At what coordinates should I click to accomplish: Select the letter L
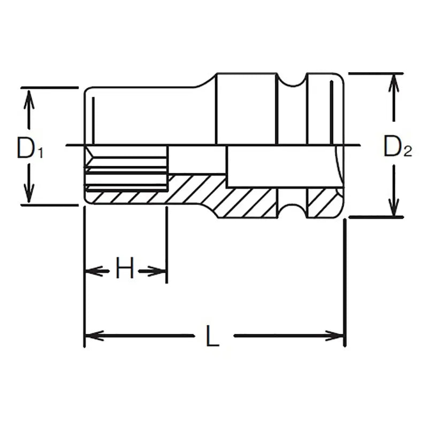pyautogui.click(x=213, y=337)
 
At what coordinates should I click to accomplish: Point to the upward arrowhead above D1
pyautogui.click(x=30, y=98)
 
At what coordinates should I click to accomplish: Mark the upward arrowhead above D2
pyautogui.click(x=394, y=83)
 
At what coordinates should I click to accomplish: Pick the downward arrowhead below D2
pyautogui.click(x=394, y=207)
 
